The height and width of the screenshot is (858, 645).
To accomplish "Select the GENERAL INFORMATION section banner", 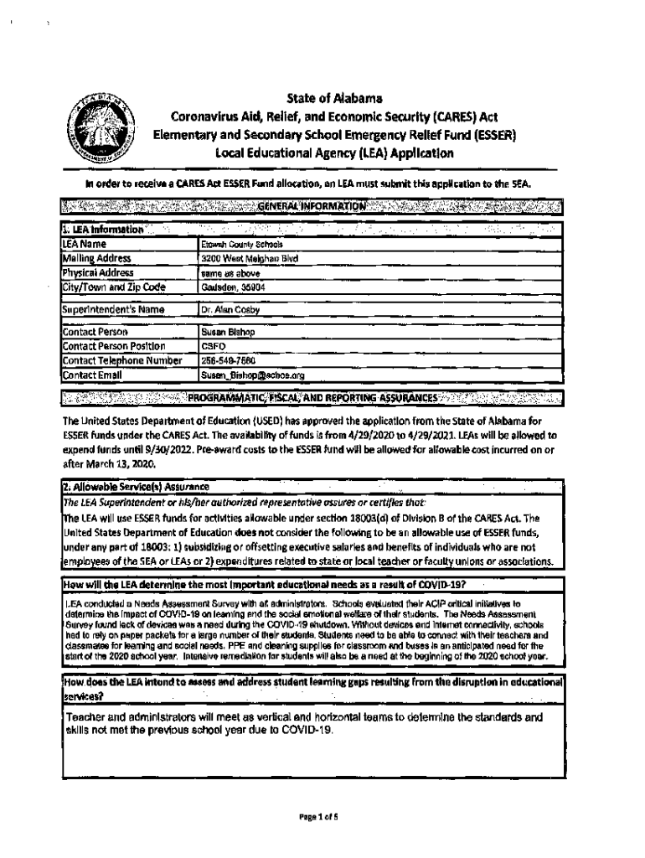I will [x=312, y=206].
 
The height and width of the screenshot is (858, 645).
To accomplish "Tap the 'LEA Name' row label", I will [x=81, y=244].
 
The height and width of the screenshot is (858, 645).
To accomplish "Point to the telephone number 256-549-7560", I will [x=222, y=361].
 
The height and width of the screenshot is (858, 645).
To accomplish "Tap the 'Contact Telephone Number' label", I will [x=122, y=361].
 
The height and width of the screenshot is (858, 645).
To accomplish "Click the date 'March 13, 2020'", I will [x=112, y=463].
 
